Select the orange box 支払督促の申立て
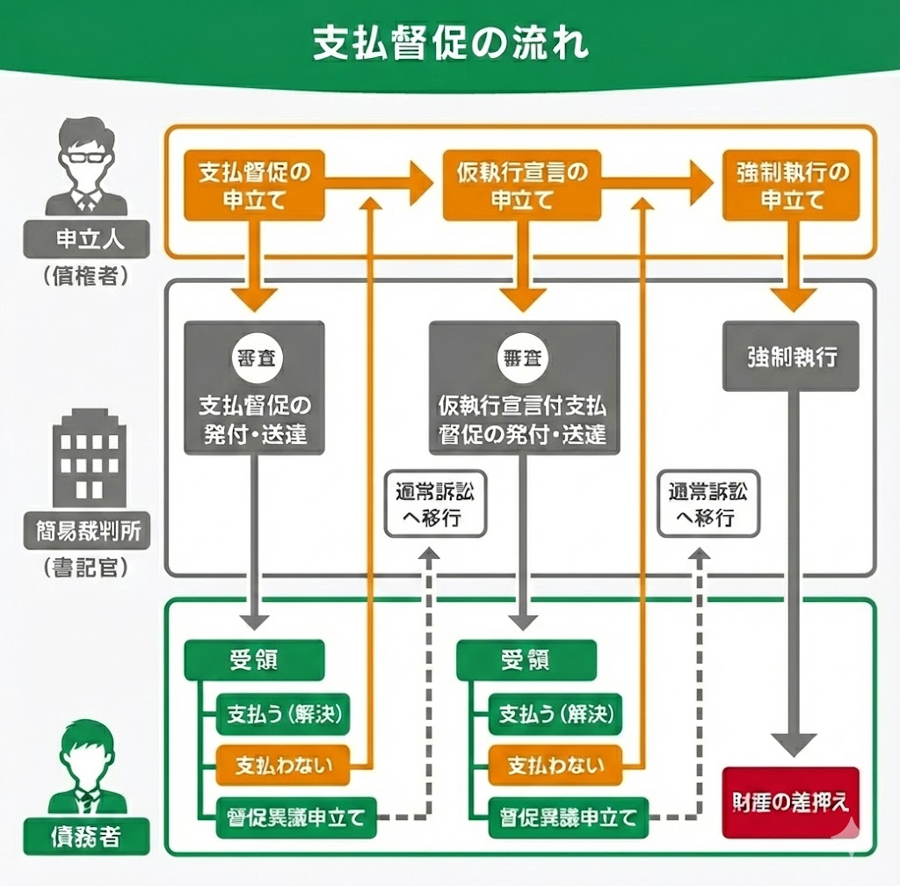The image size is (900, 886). [x=254, y=185]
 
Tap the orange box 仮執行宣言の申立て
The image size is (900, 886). [x=522, y=185]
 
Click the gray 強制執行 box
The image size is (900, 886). [x=791, y=357]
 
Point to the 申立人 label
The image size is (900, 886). [x=86, y=239]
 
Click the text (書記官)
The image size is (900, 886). [x=86, y=567]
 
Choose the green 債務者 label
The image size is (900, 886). [x=86, y=836]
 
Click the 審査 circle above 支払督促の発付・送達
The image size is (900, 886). [x=254, y=358]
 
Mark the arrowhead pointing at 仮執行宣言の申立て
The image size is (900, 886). [x=420, y=184]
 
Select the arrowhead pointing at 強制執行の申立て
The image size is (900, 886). [x=699, y=184]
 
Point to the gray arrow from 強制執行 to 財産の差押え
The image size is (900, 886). [x=792, y=571]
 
